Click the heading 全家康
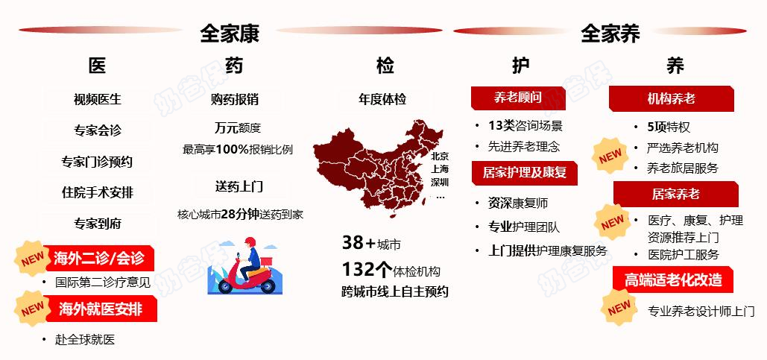(230, 33)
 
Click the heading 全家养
(610, 33)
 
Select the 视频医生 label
(98, 99)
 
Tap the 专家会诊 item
(98, 130)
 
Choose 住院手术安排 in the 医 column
(98, 192)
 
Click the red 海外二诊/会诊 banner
(99, 259)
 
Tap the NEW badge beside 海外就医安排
(32, 308)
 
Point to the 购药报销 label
(235, 99)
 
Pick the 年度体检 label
(382, 99)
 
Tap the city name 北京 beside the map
(440, 157)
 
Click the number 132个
(367, 269)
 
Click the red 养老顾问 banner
(518, 97)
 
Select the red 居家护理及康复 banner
(524, 173)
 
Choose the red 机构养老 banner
(671, 98)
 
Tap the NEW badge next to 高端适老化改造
(619, 307)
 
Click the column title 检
(385, 66)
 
